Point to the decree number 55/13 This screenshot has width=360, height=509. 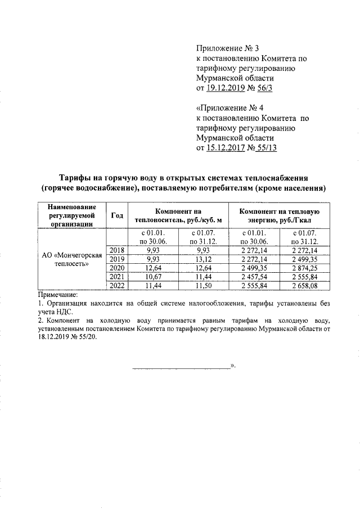[267, 148]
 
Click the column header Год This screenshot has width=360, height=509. [118, 215]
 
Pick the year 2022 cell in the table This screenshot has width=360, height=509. [118, 286]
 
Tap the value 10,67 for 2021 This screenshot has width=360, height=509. [153, 277]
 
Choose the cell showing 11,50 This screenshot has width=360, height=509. [200, 286]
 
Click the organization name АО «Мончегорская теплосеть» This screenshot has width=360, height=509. [71, 259]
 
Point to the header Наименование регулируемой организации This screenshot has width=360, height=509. [71, 215]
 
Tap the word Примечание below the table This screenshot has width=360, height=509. [57, 294]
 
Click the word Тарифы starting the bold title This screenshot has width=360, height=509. [76, 177]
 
